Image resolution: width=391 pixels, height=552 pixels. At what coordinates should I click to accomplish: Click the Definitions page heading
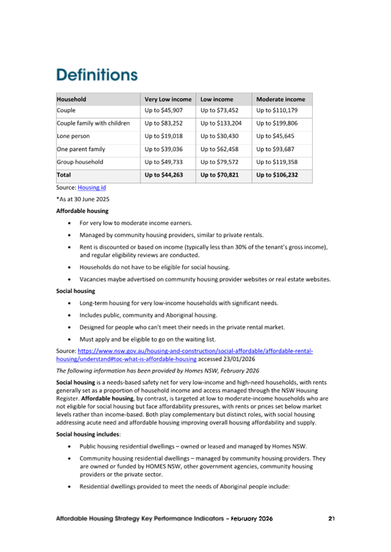(x=97, y=75)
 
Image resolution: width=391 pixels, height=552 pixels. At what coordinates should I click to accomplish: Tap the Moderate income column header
(x=280, y=99)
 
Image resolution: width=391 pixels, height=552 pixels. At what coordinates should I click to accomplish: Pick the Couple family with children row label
(x=93, y=123)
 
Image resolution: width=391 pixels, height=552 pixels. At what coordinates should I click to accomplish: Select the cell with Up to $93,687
(x=276, y=149)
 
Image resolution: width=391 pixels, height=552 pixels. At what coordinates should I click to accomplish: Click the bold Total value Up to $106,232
(x=277, y=174)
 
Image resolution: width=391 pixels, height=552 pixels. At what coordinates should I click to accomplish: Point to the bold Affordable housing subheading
(x=82, y=211)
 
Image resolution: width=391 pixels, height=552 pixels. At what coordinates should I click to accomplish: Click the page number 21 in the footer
(x=331, y=518)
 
